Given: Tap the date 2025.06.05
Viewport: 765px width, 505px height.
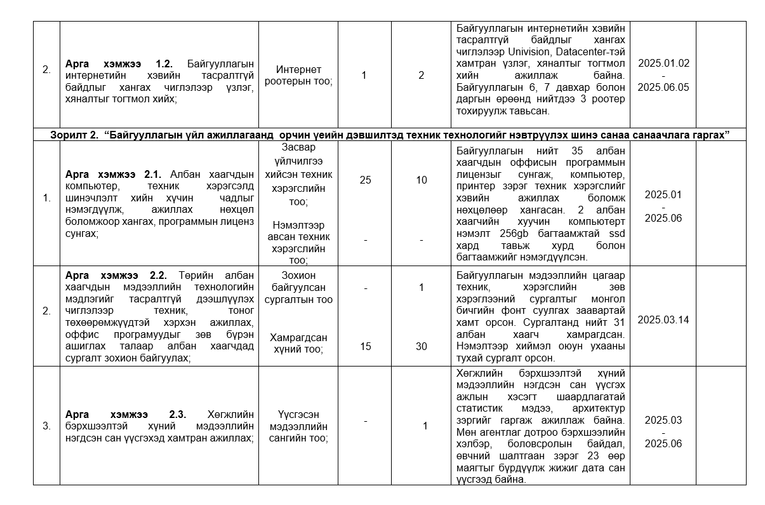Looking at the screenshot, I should pyautogui.click(x=663, y=88).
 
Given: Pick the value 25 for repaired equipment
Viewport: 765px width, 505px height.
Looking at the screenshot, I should pyautogui.click(x=365, y=180).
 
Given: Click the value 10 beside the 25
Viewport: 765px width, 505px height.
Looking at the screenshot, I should pyautogui.click(x=422, y=180).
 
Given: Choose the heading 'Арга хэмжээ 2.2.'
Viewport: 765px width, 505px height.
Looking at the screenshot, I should pyautogui.click(x=116, y=275).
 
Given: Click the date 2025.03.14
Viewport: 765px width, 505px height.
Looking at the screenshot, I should pyautogui.click(x=663, y=320).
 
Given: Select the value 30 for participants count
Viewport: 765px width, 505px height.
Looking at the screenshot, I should pyautogui.click(x=422, y=347).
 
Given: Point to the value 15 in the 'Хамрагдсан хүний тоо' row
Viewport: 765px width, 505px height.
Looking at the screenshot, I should pyautogui.click(x=365, y=347).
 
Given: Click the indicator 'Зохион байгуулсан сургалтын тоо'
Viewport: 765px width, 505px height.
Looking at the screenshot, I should pyautogui.click(x=298, y=287).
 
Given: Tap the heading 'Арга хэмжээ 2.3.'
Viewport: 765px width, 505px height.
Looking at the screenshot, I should pyautogui.click(x=125, y=414).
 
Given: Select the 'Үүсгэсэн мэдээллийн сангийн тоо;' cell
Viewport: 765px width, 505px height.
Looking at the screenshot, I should pyautogui.click(x=298, y=426).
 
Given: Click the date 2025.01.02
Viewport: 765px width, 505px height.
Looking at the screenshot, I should pyautogui.click(x=663, y=64).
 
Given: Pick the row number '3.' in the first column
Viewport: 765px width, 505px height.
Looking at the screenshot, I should pyautogui.click(x=46, y=426).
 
